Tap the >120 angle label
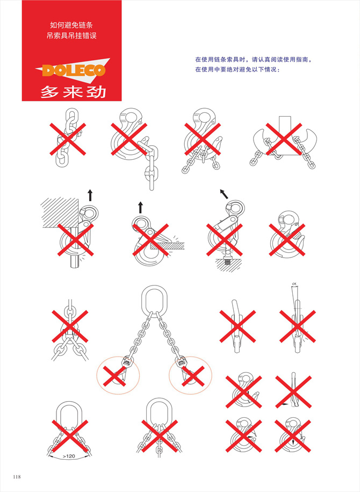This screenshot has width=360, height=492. [68, 457]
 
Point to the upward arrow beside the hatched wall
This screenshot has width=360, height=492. [90, 195]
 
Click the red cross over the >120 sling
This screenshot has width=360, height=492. [69, 433]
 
